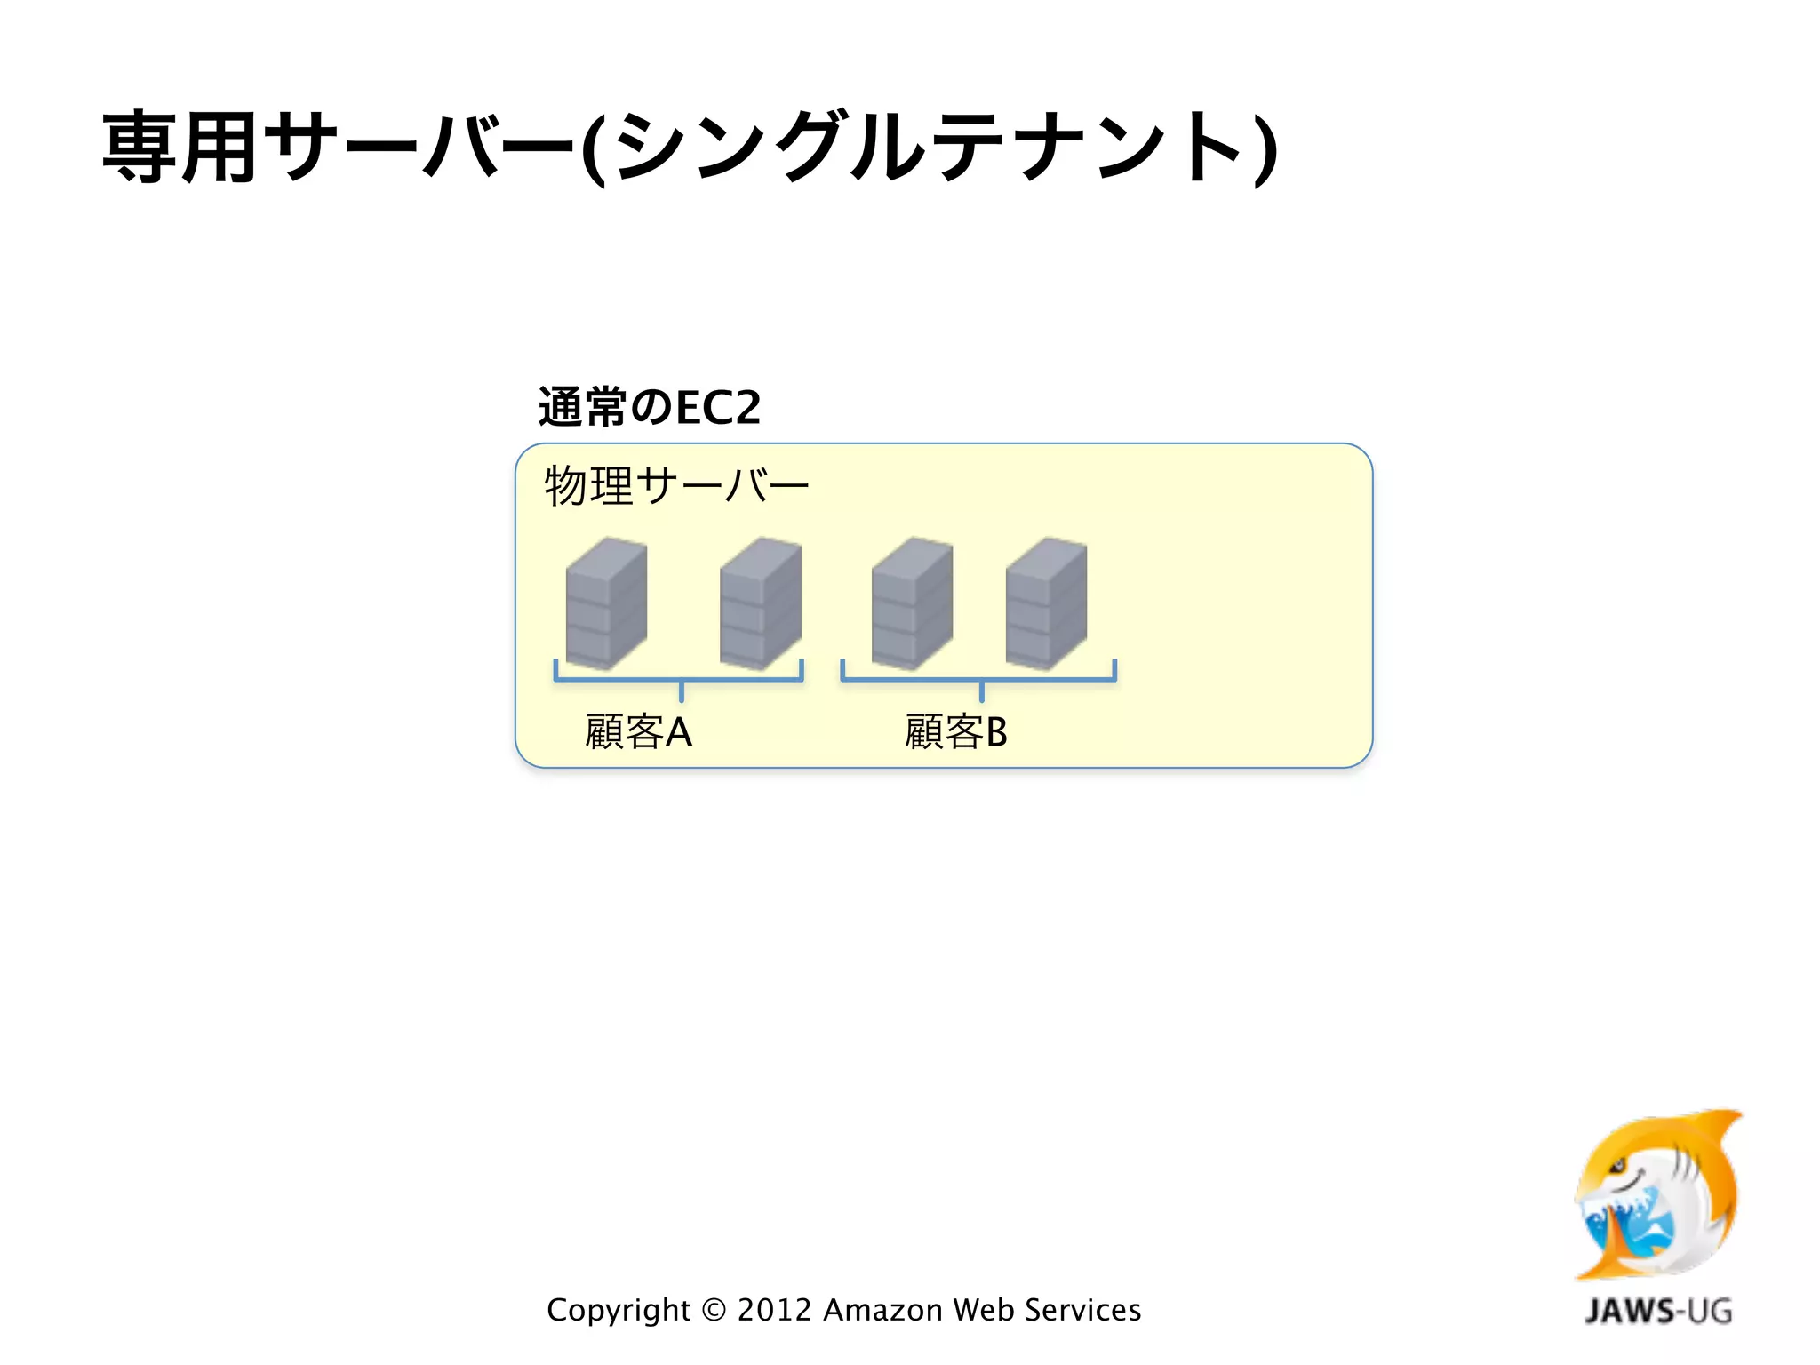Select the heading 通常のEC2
650,408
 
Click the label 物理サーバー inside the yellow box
676,486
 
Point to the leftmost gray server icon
606,603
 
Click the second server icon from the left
761,603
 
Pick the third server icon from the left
912,603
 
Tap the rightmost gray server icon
1046,603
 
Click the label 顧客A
638,732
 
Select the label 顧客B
956,732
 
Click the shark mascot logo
1658,1195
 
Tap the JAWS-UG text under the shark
1658,1311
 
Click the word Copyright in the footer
619,1311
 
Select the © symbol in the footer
714,1311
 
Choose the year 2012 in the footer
774,1311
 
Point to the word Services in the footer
1082,1311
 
